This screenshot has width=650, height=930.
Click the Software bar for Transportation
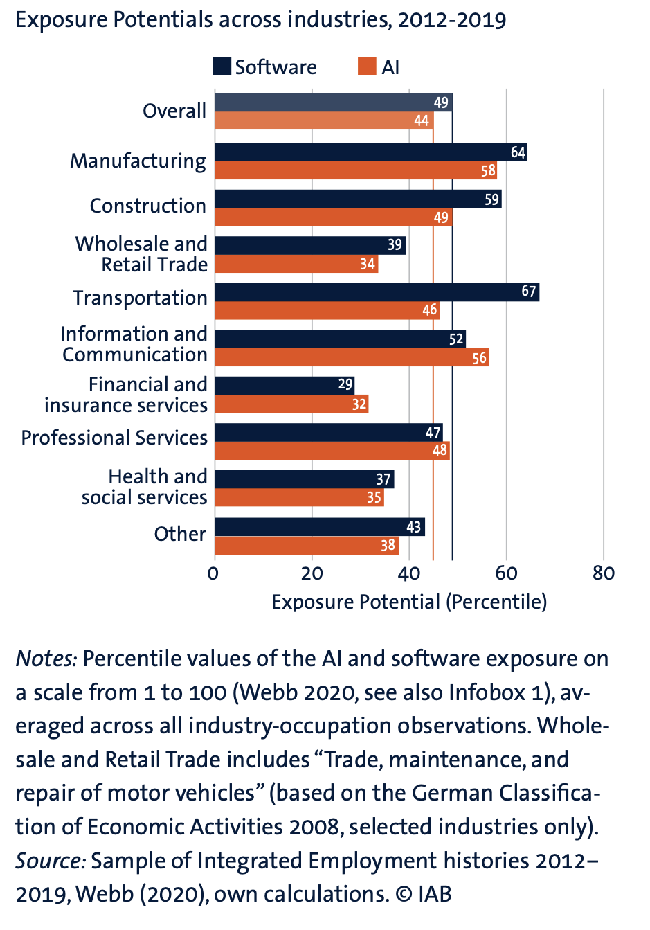coord(377,292)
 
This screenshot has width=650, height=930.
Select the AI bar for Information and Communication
coord(352,357)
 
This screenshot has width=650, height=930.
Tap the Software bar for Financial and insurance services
coord(284,385)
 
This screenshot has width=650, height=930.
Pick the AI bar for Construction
coord(333,217)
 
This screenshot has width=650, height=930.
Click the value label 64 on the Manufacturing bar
coord(518,152)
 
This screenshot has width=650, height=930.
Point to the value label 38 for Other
coord(388,546)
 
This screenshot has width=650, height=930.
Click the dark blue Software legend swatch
coord(222,66)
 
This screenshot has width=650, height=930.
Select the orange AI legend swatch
coord(367,66)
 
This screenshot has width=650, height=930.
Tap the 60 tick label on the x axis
coord(506,573)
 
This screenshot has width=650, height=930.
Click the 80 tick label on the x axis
coord(604,573)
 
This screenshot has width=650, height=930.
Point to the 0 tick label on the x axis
coord(213,573)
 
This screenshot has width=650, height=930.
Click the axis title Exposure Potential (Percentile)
coord(409,602)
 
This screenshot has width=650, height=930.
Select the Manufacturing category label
coord(138,161)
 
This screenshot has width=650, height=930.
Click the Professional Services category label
coord(114,438)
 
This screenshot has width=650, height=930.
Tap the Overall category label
coord(174,111)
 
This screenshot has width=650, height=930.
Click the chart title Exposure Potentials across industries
coord(260,19)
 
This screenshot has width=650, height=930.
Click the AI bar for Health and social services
coord(299,497)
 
